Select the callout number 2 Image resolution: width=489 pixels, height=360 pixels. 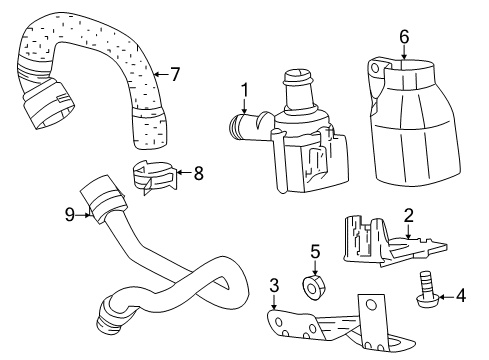[409, 215]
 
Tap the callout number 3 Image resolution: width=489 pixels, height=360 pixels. [274, 286]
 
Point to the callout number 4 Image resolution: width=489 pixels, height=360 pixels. [461, 296]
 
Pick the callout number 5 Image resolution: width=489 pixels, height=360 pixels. [315, 251]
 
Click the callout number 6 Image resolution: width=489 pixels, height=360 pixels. [404, 36]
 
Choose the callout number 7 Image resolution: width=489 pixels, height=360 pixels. [175, 74]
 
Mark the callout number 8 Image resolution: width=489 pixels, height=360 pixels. [198, 173]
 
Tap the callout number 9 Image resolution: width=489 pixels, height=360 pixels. [70, 214]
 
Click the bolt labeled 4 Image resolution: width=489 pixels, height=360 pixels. [426, 289]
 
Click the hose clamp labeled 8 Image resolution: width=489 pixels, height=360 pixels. [154, 177]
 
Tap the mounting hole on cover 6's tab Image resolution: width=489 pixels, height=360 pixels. [375, 68]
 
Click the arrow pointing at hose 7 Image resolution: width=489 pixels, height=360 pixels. [161, 74]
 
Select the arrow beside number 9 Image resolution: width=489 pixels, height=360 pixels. [84, 215]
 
